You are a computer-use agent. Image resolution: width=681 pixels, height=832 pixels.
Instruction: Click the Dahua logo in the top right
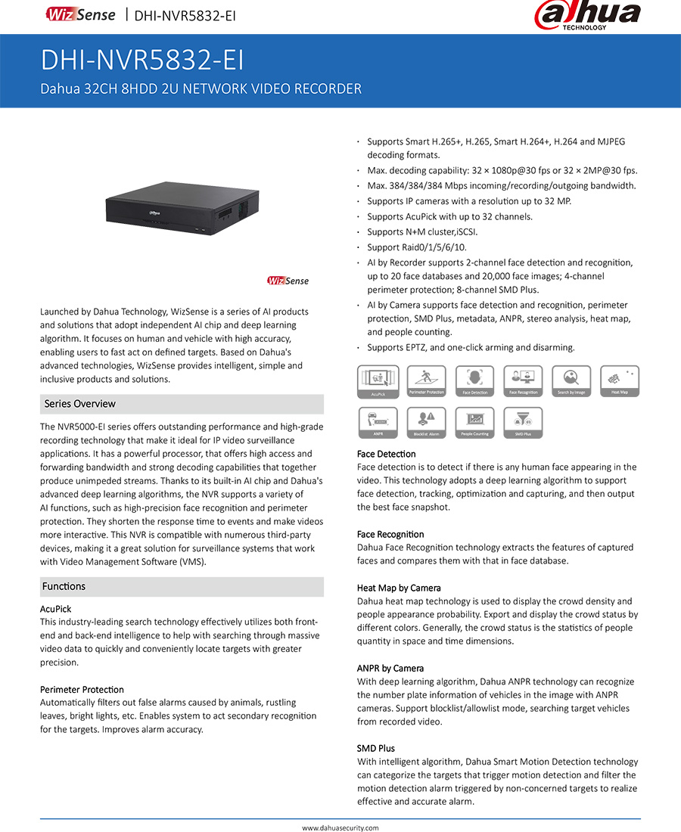point(587,16)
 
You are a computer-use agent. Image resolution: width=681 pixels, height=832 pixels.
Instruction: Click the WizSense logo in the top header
point(80,14)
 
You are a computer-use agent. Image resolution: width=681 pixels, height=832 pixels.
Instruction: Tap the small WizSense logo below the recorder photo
point(288,281)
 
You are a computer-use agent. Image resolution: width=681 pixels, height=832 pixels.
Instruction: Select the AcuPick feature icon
point(378,381)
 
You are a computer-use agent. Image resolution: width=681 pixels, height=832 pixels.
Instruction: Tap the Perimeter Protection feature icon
point(426,381)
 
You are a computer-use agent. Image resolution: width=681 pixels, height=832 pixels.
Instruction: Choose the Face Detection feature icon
point(474,381)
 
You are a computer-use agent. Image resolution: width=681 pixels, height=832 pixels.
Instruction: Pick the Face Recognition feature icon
point(523,381)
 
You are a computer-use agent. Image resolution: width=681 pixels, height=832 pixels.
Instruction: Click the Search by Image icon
point(571,381)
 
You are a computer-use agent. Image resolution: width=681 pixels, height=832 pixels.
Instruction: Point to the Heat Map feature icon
point(620,381)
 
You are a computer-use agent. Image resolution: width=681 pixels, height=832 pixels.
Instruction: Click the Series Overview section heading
point(79,404)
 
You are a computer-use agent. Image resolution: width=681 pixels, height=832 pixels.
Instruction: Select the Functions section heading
point(64,587)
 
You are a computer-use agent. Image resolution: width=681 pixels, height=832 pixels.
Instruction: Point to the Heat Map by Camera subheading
point(398,588)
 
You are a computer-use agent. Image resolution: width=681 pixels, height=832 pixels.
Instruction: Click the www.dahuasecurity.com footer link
point(340,827)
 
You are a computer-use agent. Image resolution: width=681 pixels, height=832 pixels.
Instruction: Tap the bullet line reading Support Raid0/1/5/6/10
point(416,247)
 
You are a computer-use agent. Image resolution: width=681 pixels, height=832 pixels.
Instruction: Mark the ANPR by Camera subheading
point(390,669)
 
